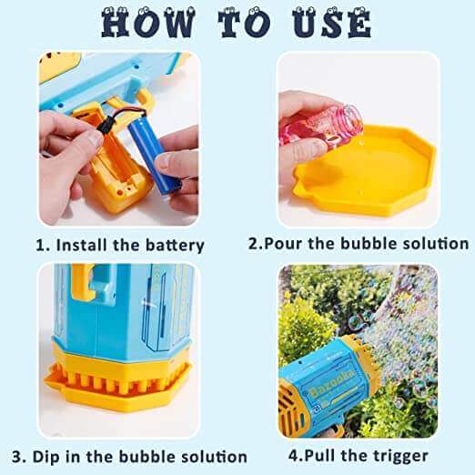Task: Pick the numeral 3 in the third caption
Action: [x=43, y=456]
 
